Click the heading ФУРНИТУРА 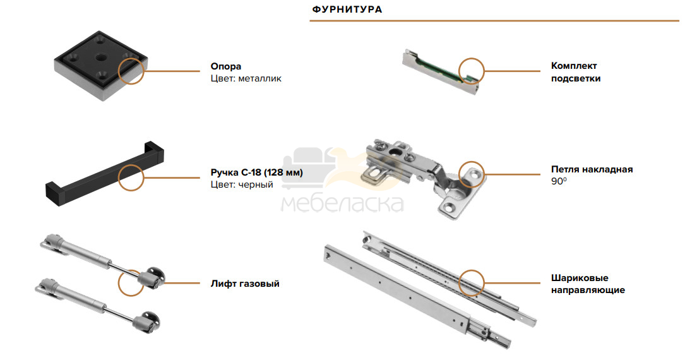pos(347,9)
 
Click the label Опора pos(226,66)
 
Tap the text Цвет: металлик pos(246,79)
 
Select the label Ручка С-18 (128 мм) pos(256,172)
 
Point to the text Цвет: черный pos(242,184)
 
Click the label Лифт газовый pos(245,284)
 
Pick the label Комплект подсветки pos(575,72)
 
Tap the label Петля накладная pos(592,169)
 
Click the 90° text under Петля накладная pos(558,181)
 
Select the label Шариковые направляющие pos(588,284)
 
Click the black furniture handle pos(105,174)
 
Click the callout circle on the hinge pos(472,162)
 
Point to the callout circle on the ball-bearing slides pos(472,270)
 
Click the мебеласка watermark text pos(342,203)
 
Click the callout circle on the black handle pos(131,165)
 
